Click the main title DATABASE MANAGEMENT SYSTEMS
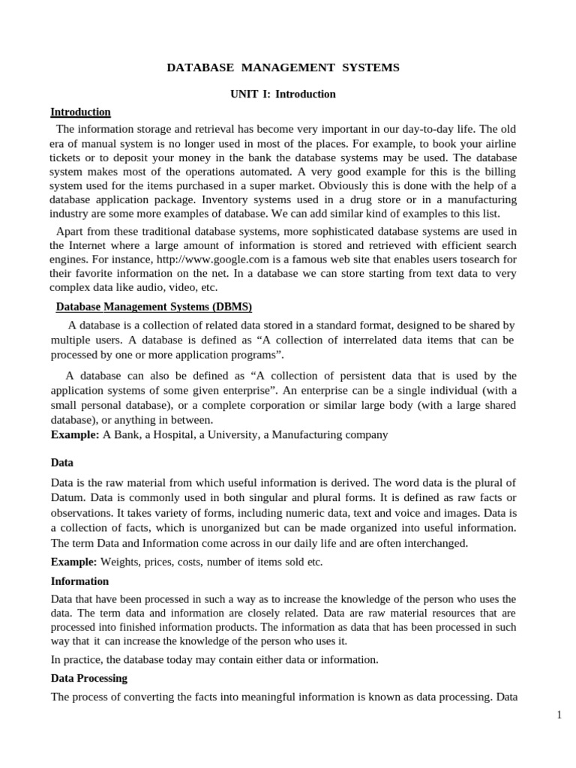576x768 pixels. (283, 68)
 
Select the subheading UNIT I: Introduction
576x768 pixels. (283, 94)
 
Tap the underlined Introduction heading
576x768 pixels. (80, 112)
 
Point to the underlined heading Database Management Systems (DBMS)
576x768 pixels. (154, 307)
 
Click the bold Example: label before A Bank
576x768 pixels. (75, 435)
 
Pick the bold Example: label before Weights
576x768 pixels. (74, 562)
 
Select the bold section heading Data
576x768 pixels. (62, 463)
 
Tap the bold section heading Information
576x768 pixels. (79, 581)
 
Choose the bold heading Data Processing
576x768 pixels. (89, 678)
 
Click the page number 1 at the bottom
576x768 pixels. (559, 715)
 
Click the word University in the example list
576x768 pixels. (229, 435)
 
